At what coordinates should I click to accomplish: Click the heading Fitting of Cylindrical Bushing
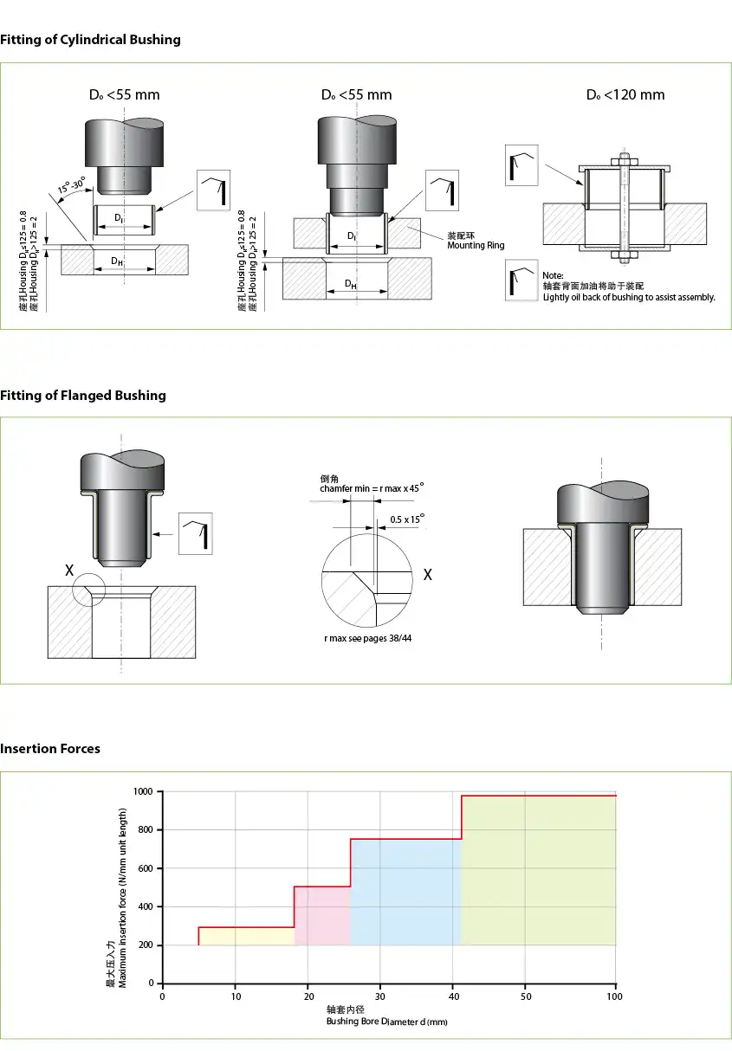click(x=90, y=40)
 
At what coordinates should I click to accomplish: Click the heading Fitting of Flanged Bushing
click(x=82, y=396)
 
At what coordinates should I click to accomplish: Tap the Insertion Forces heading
click(x=50, y=749)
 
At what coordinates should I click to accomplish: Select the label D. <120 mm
click(x=625, y=95)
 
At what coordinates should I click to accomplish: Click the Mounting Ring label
click(x=476, y=246)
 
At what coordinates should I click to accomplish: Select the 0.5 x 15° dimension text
click(x=407, y=519)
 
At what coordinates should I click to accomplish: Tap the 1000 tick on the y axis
click(x=144, y=792)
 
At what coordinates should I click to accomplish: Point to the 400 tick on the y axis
click(x=146, y=906)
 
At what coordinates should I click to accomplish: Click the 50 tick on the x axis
click(x=526, y=996)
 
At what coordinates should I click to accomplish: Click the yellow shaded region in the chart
click(x=247, y=936)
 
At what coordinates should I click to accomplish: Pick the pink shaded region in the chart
click(x=322, y=916)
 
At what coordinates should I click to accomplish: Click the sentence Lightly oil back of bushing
click(x=629, y=297)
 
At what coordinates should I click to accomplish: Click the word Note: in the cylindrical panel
click(x=553, y=275)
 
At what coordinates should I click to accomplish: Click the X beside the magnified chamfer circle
click(x=426, y=575)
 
